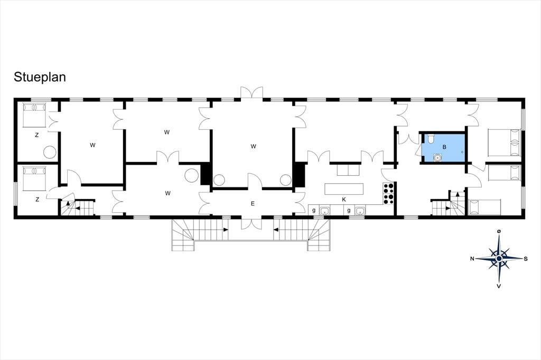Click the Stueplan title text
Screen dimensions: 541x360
40,78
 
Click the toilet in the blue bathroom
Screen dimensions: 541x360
431,139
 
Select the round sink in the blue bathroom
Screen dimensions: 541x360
437,158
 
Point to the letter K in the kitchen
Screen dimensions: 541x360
344,200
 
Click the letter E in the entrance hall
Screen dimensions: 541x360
253,204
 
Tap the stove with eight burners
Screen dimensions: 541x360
388,193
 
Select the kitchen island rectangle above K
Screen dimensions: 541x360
344,188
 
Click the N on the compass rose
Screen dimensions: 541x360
472,259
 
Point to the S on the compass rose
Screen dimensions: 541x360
526,259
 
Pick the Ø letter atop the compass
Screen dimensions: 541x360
499,232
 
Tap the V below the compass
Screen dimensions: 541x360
499,286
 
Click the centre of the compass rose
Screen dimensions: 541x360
499,259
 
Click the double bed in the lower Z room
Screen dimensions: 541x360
34,178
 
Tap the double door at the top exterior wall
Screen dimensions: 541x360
251,94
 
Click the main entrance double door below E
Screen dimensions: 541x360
251,223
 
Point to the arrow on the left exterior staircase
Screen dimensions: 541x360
225,229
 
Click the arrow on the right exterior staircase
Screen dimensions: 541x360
276,229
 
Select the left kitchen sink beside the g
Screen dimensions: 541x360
324,211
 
